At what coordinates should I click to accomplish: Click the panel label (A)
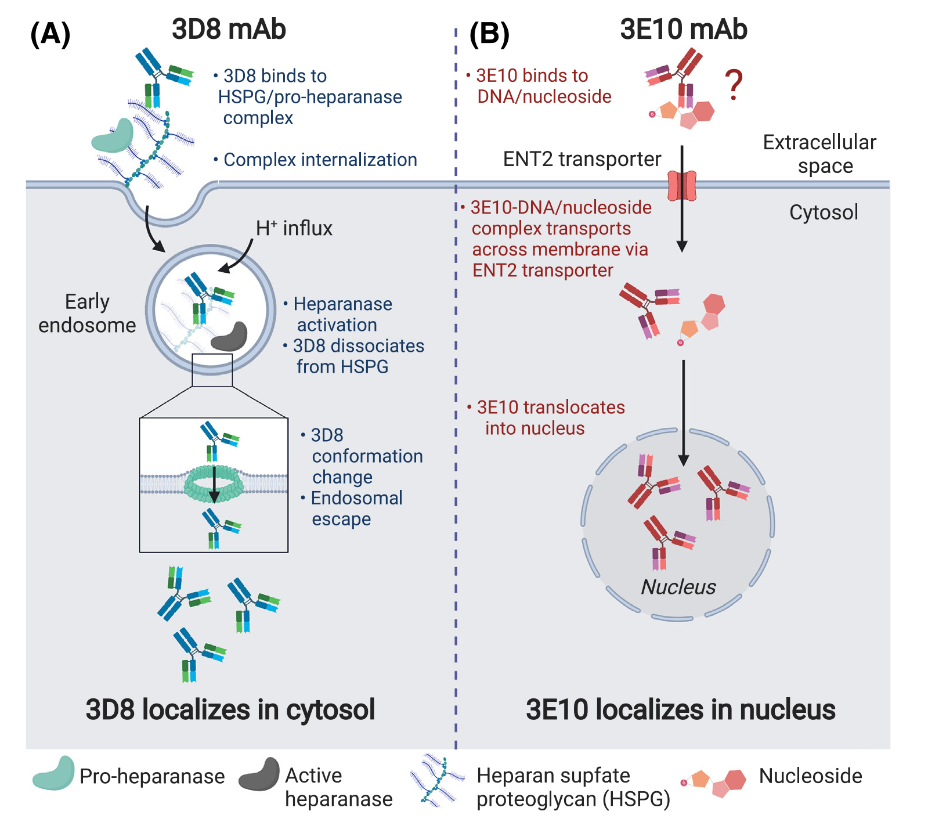[50, 34]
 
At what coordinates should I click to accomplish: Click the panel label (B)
[489, 34]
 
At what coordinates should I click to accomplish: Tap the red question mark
[734, 85]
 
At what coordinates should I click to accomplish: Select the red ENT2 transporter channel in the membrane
[682, 185]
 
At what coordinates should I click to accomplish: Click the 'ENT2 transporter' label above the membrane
[582, 159]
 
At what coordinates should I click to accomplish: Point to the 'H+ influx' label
[294, 229]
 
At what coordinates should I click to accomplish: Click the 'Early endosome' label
[87, 313]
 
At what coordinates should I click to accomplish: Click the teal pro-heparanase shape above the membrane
[113, 136]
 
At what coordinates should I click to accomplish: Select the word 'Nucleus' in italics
[678, 587]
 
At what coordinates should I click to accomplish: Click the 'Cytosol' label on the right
[823, 212]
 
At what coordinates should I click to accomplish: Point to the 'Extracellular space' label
[819, 154]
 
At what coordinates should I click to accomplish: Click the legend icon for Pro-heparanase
[53, 773]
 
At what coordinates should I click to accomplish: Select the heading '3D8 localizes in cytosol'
[230, 709]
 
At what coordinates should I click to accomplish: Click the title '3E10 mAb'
[683, 29]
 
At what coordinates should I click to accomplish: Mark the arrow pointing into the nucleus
[684, 412]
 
